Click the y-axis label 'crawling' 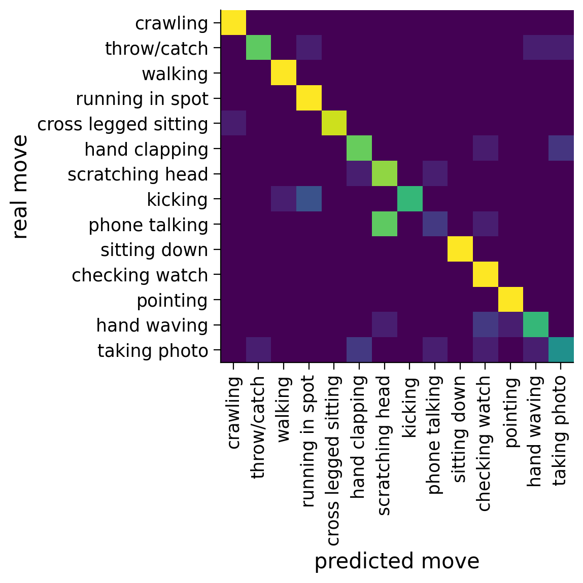tap(172, 23)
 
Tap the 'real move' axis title tap(20, 187)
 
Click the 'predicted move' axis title tap(397, 561)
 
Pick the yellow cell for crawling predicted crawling tap(233, 23)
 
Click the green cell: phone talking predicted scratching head tap(385, 224)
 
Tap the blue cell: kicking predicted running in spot tap(309, 199)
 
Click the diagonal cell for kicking tap(410, 199)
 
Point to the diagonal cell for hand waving tap(536, 324)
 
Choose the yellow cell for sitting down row tap(460, 249)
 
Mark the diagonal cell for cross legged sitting tap(334, 123)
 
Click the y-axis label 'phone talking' tap(148, 225)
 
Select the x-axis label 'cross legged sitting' tap(333, 460)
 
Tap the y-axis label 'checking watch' tap(140, 275)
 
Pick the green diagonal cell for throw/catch tap(259, 48)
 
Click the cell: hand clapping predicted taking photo tap(561, 149)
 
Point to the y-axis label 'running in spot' tap(142, 99)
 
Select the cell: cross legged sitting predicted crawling tap(233, 123)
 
